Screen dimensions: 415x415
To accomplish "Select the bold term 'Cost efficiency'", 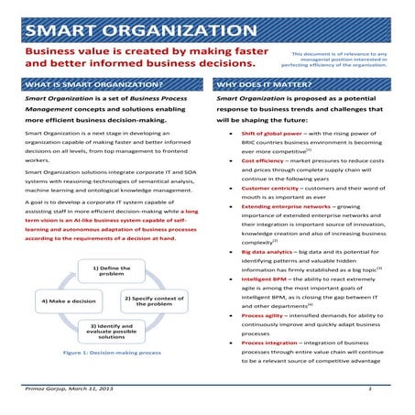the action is (x=262, y=161).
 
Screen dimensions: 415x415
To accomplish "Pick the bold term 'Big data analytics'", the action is (x=267, y=251).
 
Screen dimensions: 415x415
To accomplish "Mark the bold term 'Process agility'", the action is (x=262, y=315).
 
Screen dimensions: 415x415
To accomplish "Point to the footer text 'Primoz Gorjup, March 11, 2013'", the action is (x=71, y=389).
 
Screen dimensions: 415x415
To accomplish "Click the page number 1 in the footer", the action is (x=368, y=389).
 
